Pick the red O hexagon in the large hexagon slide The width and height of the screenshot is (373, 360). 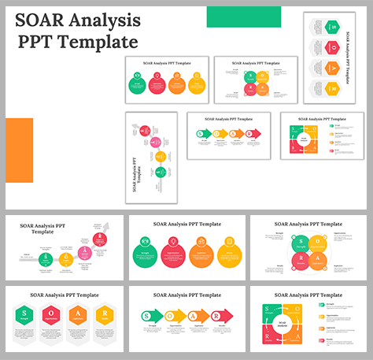[52, 316]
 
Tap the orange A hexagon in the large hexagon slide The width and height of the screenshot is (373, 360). [79, 316]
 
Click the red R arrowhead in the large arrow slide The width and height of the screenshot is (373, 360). [227, 316]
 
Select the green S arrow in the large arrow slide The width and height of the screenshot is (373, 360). [150, 316]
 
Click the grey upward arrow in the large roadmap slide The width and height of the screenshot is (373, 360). [104, 228]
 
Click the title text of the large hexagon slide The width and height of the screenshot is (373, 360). [65, 295]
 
